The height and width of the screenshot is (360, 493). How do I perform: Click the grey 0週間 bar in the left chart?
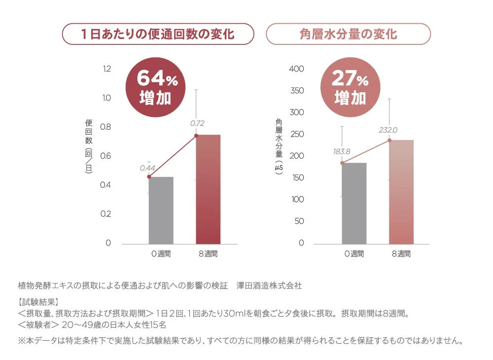pyautogui.click(x=161, y=210)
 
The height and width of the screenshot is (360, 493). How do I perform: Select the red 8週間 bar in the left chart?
pyautogui.click(x=208, y=189)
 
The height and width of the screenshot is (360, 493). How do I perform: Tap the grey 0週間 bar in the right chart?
pyautogui.click(x=354, y=203)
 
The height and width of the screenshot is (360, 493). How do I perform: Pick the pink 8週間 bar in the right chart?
pyautogui.click(x=401, y=192)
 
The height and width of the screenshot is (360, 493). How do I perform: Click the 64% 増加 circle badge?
pyautogui.click(x=156, y=87)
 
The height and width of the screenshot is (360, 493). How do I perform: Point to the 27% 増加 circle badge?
pyautogui.click(x=351, y=87)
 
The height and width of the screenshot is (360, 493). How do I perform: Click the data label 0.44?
pyautogui.click(x=147, y=168)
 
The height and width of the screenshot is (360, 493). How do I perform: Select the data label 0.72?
pyautogui.click(x=197, y=123)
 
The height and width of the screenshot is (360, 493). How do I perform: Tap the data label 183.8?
pyautogui.click(x=342, y=151)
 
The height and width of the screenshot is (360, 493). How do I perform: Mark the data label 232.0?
pyautogui.click(x=388, y=130)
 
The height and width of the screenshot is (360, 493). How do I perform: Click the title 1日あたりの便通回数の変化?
pyautogui.click(x=158, y=35)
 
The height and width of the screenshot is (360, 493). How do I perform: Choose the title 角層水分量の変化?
pyautogui.click(x=348, y=35)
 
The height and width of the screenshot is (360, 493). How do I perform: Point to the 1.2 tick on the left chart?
pyautogui.click(x=106, y=69)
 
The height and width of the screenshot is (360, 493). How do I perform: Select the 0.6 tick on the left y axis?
pyautogui.click(x=106, y=156)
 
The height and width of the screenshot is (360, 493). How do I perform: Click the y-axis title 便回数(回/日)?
pyautogui.click(x=89, y=146)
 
